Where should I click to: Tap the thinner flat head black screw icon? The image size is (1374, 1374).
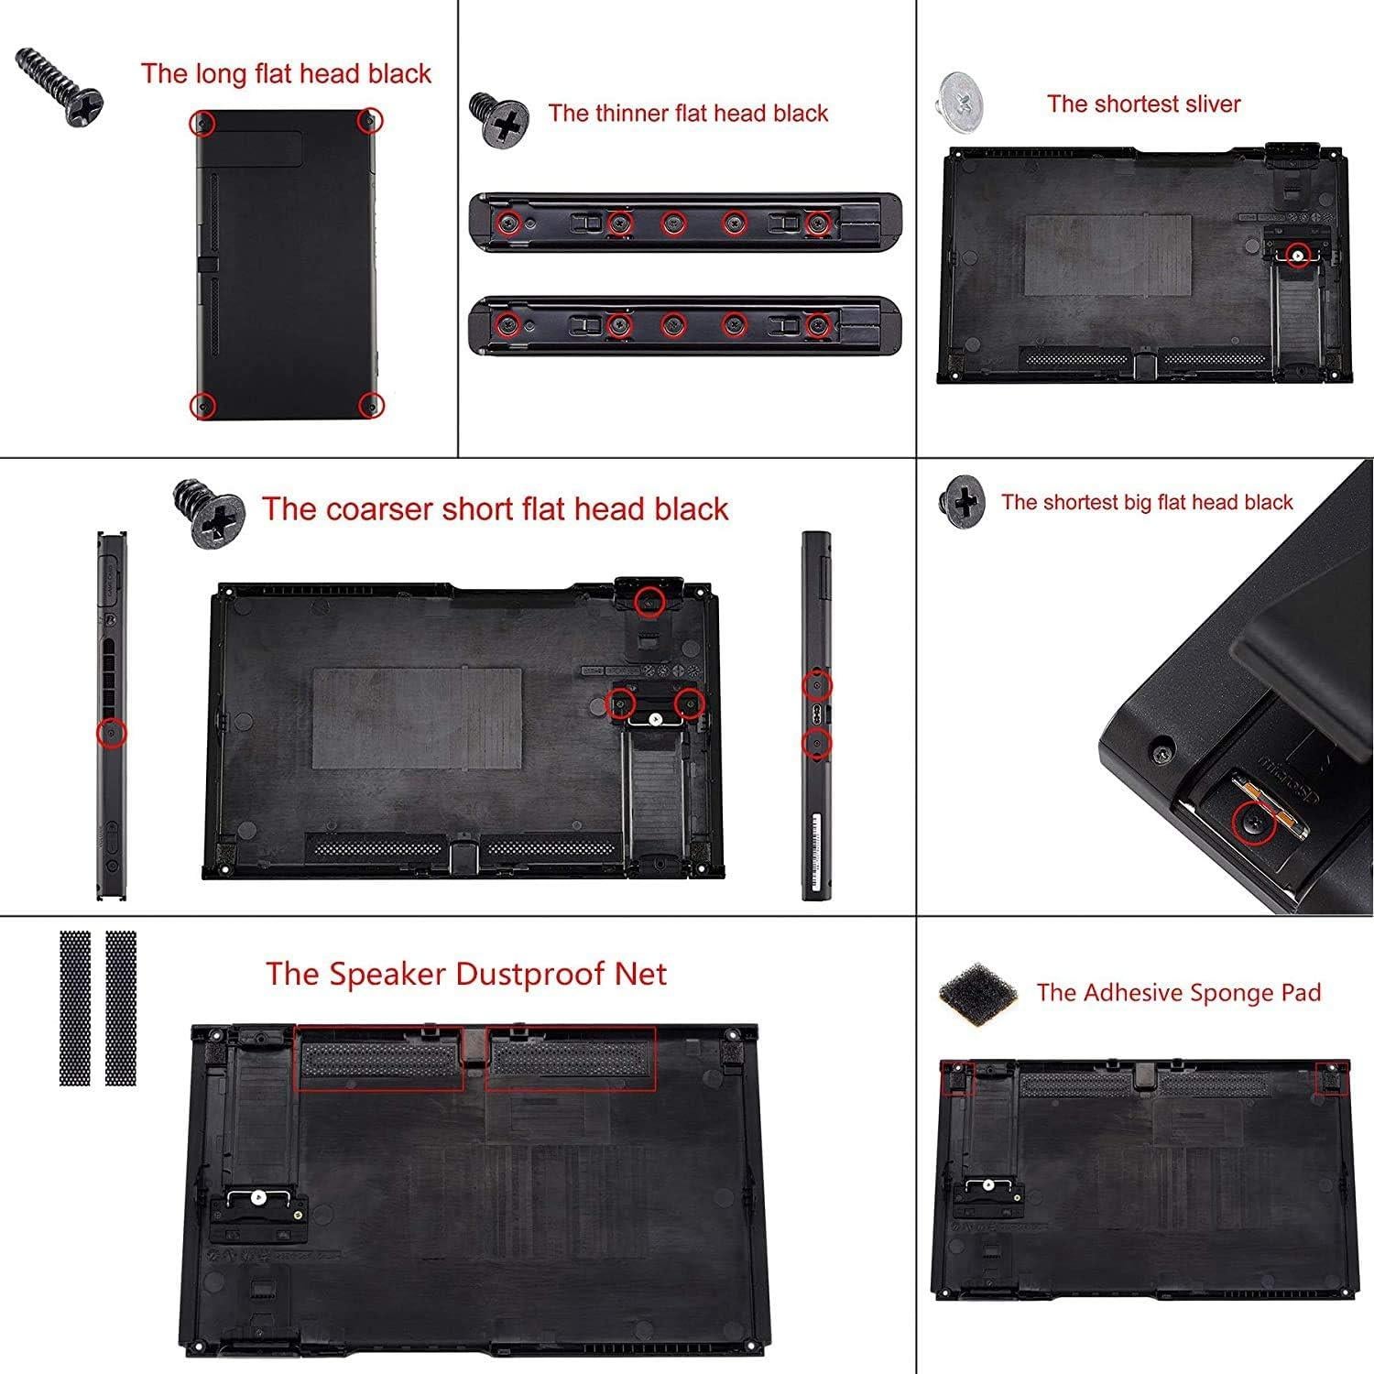499,119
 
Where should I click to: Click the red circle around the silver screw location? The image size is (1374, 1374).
1296,256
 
